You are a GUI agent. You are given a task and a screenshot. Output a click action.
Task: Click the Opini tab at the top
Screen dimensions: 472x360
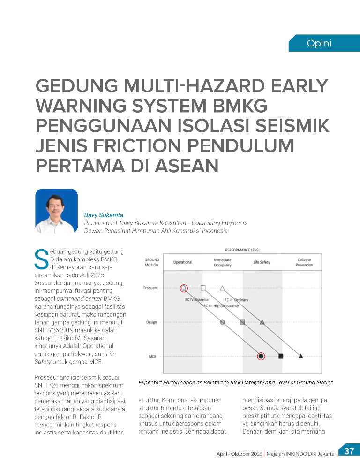point(319,43)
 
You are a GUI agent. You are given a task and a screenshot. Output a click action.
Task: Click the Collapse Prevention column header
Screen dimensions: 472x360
point(304,262)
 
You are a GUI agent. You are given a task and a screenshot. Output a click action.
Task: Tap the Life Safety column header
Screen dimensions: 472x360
point(262,262)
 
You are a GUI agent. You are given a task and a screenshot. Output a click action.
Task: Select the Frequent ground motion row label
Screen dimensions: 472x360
point(150,288)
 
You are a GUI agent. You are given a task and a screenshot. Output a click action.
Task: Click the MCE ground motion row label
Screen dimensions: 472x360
point(152,357)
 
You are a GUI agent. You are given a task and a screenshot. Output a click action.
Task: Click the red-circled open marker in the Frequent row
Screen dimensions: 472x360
point(184,288)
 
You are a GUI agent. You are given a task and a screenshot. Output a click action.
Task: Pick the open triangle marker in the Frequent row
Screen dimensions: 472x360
point(223,288)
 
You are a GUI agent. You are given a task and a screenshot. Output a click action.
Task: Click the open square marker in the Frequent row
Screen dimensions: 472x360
point(203,288)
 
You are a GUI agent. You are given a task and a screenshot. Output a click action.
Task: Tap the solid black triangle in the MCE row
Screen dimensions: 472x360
point(300,356)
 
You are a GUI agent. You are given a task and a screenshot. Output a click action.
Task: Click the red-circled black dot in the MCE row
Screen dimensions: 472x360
point(261,356)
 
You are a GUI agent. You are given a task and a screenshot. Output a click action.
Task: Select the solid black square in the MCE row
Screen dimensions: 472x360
point(281,356)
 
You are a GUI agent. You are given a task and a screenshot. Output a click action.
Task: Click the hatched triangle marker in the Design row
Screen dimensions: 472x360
point(262,322)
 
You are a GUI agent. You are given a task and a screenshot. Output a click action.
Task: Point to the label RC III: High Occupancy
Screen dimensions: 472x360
point(221,306)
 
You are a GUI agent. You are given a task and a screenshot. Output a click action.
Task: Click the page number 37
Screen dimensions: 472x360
point(349,451)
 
